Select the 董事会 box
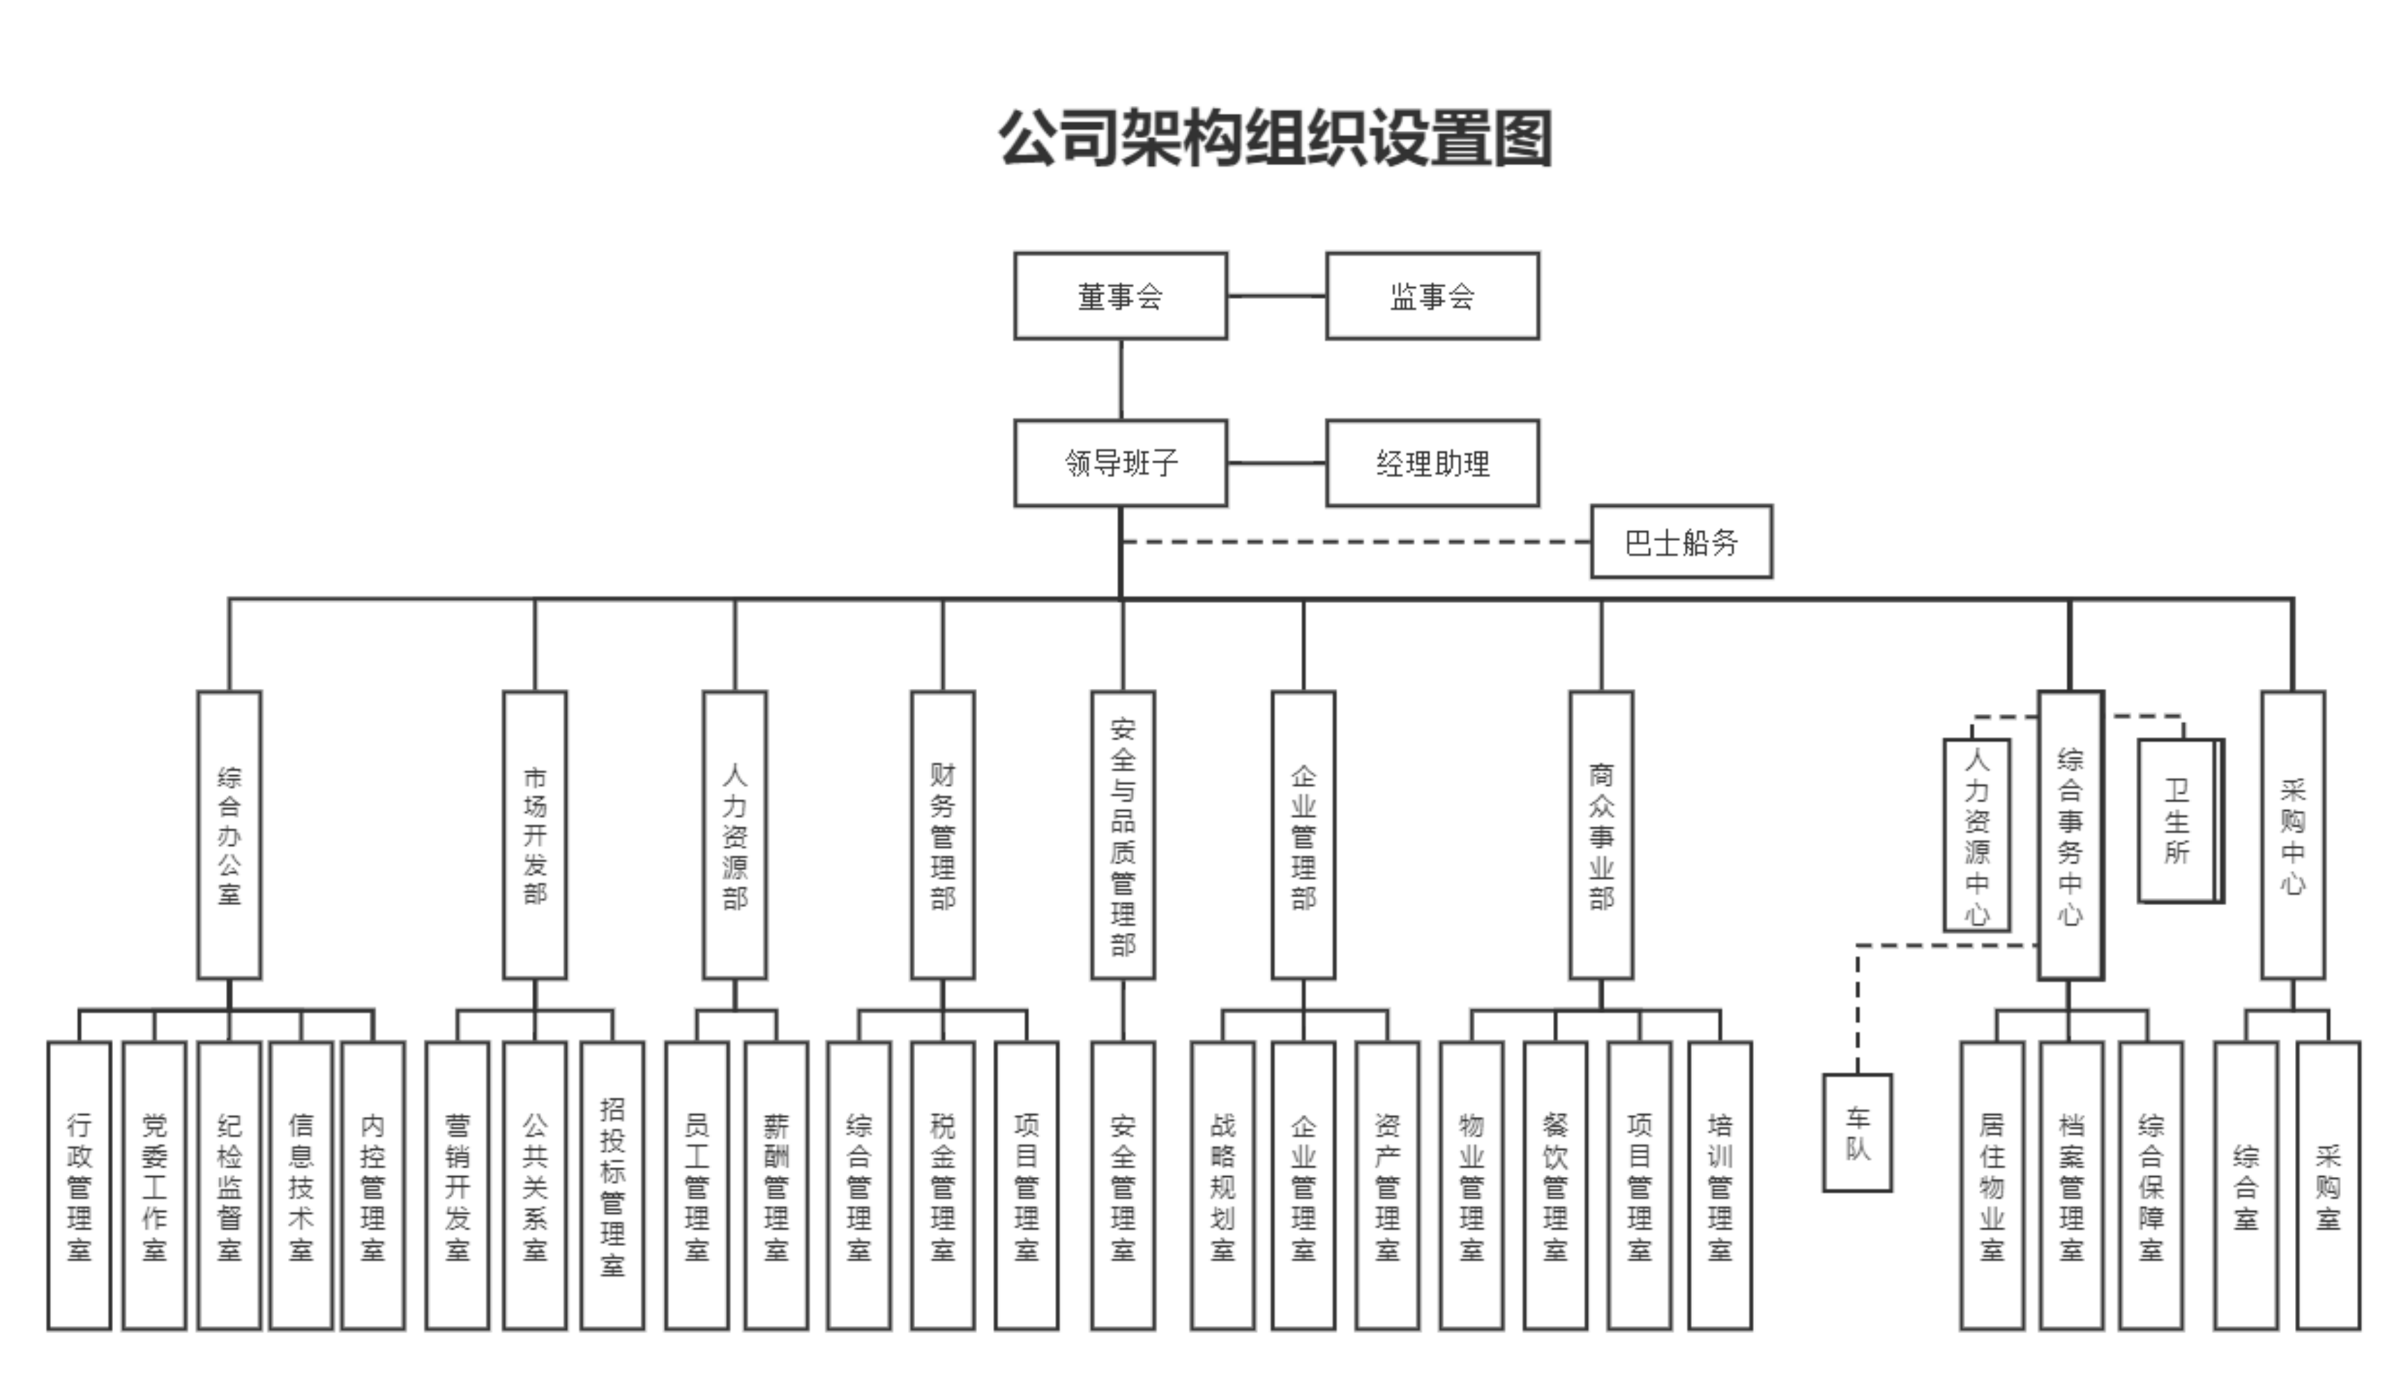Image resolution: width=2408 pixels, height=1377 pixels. pyautogui.click(x=1121, y=296)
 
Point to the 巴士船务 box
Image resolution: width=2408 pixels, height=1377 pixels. pyautogui.click(x=1681, y=542)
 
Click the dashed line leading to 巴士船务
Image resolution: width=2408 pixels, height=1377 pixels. pyautogui.click(x=1352, y=542)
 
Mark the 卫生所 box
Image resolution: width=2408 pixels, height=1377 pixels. pyautogui.click(x=2177, y=821)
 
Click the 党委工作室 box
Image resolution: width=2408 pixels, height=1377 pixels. pyautogui.click(x=154, y=1186)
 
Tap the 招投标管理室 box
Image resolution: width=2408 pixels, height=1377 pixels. pyautogui.click(x=612, y=1186)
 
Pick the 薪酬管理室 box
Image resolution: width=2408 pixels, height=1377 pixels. pyautogui.click(x=775, y=1186)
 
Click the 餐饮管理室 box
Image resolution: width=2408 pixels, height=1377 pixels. pyautogui.click(x=1555, y=1186)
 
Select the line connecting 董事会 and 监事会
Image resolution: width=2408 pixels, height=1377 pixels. pyautogui.click(x=1276, y=296)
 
